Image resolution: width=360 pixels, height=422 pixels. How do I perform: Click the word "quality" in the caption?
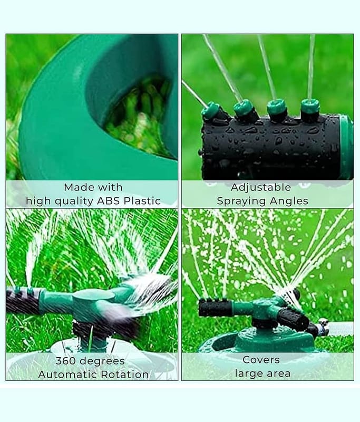tap(74, 202)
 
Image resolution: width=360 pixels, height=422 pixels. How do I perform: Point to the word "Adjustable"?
tap(261, 188)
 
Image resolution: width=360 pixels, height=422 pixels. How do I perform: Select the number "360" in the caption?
tap(65, 361)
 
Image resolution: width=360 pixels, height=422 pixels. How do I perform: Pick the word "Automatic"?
tap(67, 375)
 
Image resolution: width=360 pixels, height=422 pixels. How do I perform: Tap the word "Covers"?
tap(261, 360)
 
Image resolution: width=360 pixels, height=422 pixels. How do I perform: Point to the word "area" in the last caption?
tap(278, 373)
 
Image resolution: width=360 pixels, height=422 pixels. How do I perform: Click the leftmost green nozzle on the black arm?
tap(210, 110)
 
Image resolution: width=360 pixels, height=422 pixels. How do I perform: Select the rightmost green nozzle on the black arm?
tap(310, 107)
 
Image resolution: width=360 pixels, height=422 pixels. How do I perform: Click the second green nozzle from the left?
tap(244, 108)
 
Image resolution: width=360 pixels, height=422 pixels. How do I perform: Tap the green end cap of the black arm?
tap(346, 147)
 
